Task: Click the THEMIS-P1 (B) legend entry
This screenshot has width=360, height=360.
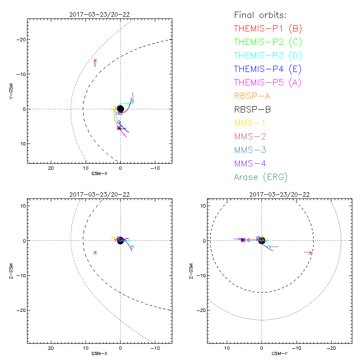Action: [268, 28]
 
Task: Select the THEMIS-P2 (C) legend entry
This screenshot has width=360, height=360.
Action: [268, 42]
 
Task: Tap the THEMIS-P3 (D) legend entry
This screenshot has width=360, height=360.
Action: [268, 55]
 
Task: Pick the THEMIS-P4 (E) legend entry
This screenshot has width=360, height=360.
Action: [268, 69]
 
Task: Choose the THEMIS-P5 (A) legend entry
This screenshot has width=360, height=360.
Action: [268, 82]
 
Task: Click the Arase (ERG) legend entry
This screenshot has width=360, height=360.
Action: [261, 177]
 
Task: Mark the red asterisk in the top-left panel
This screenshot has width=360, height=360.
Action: [95, 61]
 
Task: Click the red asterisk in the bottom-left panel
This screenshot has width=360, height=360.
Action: [95, 252]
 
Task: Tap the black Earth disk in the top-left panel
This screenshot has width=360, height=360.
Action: [120, 109]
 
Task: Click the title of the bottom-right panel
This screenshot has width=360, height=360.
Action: [279, 194]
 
